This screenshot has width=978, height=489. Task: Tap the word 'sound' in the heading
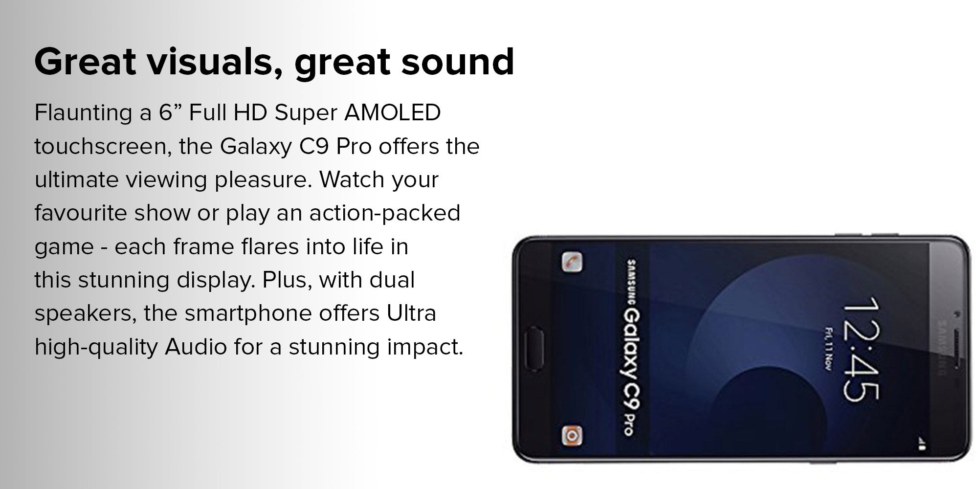tap(458, 62)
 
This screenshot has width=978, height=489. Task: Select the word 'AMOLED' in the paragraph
tap(393, 112)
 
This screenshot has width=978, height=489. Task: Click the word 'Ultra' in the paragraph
tap(411, 313)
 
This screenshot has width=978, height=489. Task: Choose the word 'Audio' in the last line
tap(196, 347)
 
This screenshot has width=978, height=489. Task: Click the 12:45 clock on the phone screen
tap(860, 349)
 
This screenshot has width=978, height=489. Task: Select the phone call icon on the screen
tap(571, 262)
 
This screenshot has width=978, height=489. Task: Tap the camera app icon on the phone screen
tap(571, 435)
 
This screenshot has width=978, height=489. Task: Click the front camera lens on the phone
tap(957, 313)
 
